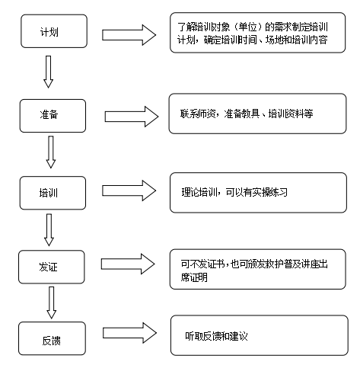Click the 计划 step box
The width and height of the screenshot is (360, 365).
click(x=54, y=31)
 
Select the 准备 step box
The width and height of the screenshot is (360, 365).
click(x=53, y=116)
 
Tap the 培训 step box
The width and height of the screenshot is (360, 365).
click(x=53, y=193)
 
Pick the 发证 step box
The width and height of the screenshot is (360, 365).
click(x=52, y=267)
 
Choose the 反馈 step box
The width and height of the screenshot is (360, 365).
click(x=52, y=338)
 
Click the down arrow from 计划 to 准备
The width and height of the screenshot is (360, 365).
click(x=48, y=72)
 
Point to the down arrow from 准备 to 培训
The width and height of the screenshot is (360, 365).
click(x=51, y=152)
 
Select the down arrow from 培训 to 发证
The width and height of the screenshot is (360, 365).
click(x=49, y=230)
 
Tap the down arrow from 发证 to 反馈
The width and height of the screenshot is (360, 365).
click(x=51, y=303)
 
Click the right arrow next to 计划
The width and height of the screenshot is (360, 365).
click(x=129, y=35)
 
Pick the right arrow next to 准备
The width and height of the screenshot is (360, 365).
click(x=132, y=117)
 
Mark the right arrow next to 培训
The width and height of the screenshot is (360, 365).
click(x=129, y=191)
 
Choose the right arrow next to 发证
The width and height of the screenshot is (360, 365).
click(x=128, y=264)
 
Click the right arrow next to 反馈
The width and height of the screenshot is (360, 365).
click(x=129, y=333)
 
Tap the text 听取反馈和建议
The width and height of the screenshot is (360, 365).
click(x=216, y=336)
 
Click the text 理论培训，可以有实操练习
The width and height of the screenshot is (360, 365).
click(x=234, y=192)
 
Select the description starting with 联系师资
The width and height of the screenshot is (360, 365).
click(x=247, y=114)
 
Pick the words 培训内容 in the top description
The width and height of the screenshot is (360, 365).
click(x=310, y=40)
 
